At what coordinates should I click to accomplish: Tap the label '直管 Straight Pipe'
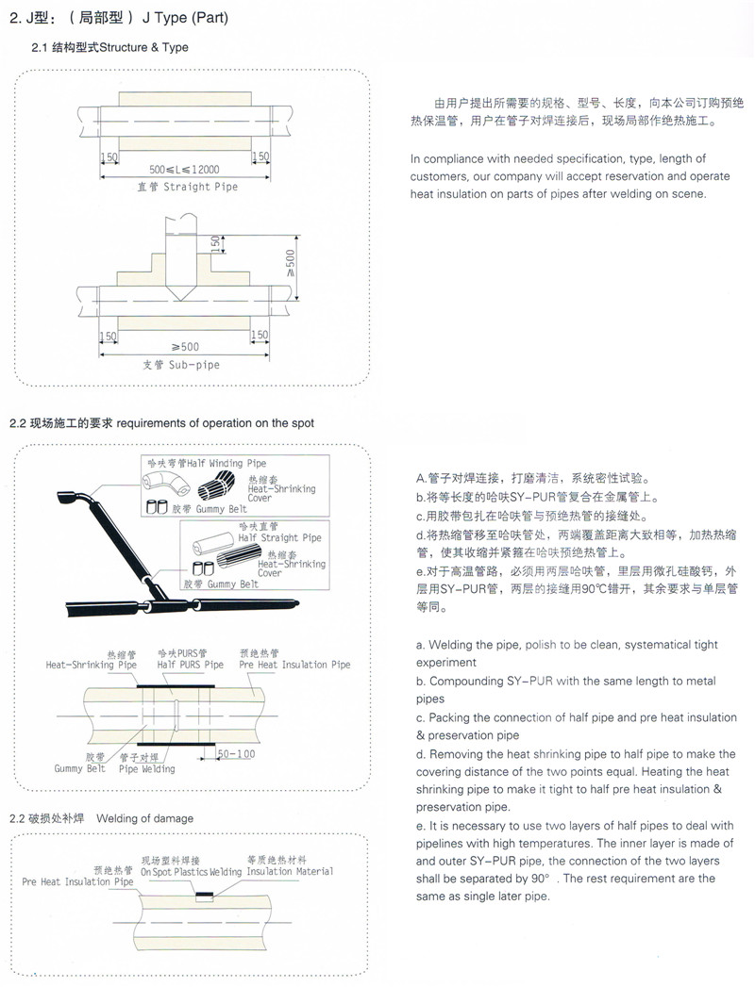189,187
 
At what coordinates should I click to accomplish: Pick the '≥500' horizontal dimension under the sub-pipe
184,346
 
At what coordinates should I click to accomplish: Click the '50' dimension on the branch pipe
216,243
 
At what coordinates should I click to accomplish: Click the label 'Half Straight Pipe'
279,537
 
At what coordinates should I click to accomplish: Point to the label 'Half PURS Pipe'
191,665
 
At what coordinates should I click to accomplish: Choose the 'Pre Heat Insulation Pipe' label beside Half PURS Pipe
294,665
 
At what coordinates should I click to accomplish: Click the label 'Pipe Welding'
146,769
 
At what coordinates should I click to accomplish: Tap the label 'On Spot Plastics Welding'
192,872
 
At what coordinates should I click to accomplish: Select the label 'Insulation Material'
290,871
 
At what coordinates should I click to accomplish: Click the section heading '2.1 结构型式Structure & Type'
110,47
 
